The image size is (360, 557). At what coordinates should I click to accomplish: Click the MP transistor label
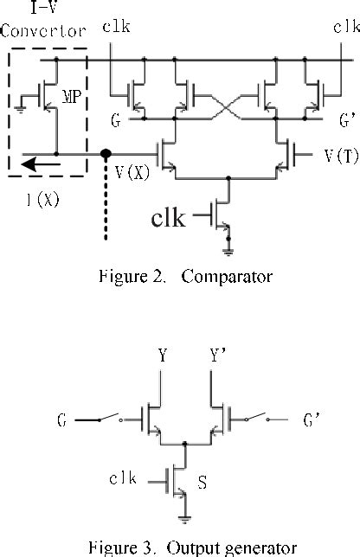point(72,97)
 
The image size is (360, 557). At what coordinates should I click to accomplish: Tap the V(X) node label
point(132,172)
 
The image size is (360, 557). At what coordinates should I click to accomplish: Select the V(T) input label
point(342,156)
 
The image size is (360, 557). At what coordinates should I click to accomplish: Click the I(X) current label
point(43,200)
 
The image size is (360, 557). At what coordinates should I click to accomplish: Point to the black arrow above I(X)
point(41,164)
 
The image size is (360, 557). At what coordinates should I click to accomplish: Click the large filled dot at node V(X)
point(106,154)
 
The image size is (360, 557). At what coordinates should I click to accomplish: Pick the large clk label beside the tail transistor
point(168,218)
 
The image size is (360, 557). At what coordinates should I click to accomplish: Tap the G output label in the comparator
point(116,120)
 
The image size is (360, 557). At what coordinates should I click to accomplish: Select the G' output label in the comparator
point(347,121)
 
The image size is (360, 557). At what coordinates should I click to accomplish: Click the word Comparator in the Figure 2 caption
point(227,277)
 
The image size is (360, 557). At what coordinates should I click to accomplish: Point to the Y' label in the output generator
point(218,355)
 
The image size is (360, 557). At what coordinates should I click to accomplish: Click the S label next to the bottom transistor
point(202,482)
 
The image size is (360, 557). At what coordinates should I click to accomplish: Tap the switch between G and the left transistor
point(110,418)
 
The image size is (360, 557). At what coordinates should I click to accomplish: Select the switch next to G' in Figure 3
point(256,417)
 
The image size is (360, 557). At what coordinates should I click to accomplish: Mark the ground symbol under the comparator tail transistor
point(228,252)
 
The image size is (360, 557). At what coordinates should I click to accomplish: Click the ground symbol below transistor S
point(185,519)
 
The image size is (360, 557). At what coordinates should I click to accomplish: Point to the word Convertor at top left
point(43,31)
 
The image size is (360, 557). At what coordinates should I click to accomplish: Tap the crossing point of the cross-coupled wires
point(227,107)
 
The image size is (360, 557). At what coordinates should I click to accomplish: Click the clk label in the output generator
point(123,478)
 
